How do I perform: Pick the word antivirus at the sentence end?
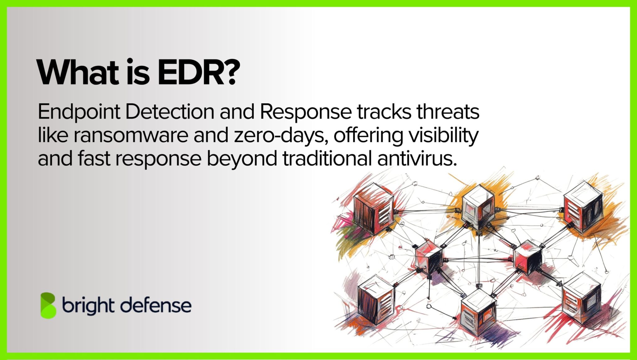click(x=417, y=159)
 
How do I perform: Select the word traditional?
click(x=327, y=159)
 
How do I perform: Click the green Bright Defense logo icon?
click(x=48, y=305)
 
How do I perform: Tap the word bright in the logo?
click(x=88, y=305)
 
